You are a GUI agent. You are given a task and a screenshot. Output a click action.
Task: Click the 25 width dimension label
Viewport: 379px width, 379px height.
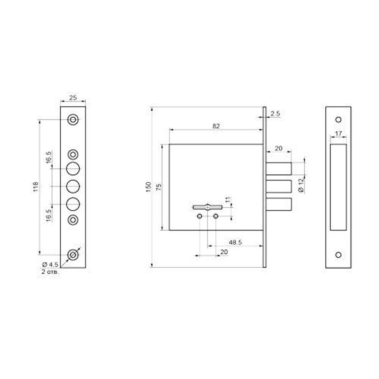(73, 98)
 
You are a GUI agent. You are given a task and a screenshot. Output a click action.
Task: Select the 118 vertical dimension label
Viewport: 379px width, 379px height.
(36, 187)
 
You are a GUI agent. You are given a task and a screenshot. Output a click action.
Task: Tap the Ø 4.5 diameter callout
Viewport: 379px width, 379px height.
(50, 265)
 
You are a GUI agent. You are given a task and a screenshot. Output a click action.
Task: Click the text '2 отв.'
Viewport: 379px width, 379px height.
(50, 271)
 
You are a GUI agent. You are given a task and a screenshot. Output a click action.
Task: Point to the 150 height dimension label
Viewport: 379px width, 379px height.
(149, 187)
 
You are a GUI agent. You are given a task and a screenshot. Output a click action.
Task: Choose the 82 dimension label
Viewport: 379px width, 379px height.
(216, 126)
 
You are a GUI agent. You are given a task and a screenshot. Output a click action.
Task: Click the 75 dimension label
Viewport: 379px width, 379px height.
(159, 187)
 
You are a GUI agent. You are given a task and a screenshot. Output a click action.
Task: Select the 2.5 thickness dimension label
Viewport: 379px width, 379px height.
(275, 113)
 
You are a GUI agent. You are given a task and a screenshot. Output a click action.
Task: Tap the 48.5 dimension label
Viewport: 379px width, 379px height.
(235, 242)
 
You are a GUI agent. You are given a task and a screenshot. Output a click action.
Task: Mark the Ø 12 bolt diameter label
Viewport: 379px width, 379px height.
(301, 185)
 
